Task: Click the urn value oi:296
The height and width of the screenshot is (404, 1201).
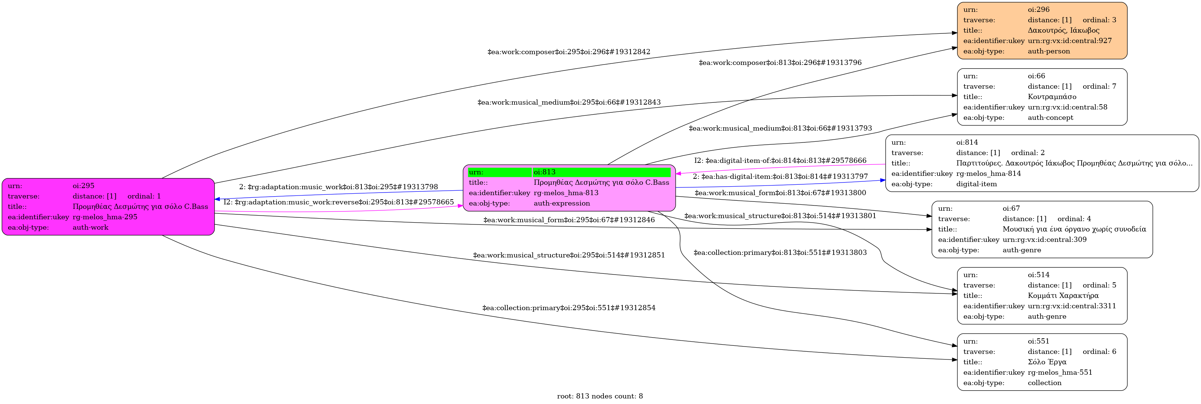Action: pyautogui.click(x=1039, y=9)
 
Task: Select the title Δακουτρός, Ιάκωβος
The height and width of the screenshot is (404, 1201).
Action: pyautogui.click(x=1063, y=30)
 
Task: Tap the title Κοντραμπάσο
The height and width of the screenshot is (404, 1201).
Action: pyautogui.click(x=1052, y=96)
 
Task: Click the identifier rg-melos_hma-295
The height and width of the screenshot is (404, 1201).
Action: pyautogui.click(x=105, y=217)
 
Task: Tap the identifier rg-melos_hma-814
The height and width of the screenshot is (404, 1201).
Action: pyautogui.click(x=988, y=174)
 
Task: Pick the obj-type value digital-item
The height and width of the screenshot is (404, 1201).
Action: pyautogui.click(x=976, y=184)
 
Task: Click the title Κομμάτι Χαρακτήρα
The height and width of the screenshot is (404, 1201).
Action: pyautogui.click(x=1063, y=295)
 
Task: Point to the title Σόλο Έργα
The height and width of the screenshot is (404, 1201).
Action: pyautogui.click(x=1047, y=362)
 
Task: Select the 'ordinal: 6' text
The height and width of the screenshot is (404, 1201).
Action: pyautogui.click(x=1099, y=352)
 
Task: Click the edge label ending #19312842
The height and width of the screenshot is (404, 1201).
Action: pyautogui.click(x=568, y=52)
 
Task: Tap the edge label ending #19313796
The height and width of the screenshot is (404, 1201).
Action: pyautogui.click(x=780, y=63)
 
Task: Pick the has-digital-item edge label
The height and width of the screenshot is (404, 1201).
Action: pyautogui.click(x=780, y=176)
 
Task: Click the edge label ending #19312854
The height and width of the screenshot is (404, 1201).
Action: pyautogui.click(x=568, y=308)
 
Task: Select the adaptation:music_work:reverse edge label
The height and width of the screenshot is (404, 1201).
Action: pyautogui.click(x=338, y=202)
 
